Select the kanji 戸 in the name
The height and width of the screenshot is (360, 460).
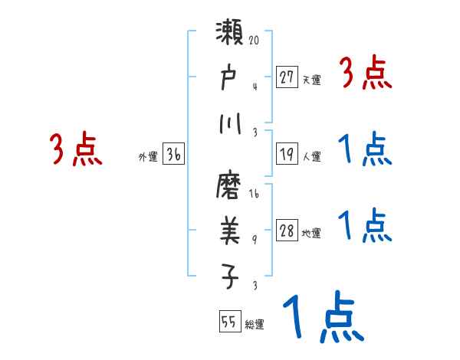pyautogui.click(x=230, y=77)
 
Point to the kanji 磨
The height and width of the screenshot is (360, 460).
pyautogui.click(x=230, y=185)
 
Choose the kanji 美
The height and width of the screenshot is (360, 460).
pyautogui.click(x=230, y=228)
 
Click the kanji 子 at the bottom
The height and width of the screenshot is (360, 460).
pyautogui.click(x=230, y=275)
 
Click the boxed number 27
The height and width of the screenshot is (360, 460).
pyautogui.click(x=287, y=77)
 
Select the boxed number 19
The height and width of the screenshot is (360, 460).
pyautogui.click(x=287, y=155)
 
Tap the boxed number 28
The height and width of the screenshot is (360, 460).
pyautogui.click(x=287, y=231)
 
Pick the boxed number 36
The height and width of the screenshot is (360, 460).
pyautogui.click(x=173, y=154)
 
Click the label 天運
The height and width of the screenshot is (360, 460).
pyautogui.click(x=311, y=79)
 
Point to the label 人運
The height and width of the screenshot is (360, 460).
pyautogui.click(x=311, y=157)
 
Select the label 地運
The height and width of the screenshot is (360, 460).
pyautogui.click(x=311, y=234)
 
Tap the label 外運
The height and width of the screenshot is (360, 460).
pyautogui.click(x=147, y=156)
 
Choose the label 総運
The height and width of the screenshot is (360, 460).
pyautogui.click(x=255, y=325)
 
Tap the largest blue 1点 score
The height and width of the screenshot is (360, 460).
pyautogui.click(x=321, y=317)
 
